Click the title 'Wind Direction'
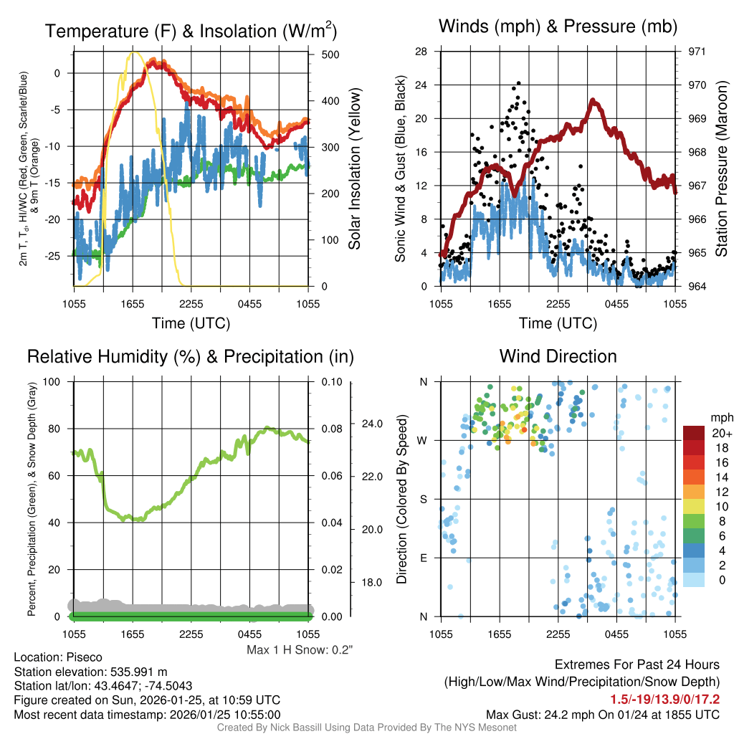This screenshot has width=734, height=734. pos(558,356)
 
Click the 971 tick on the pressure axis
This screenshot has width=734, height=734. pos(697,52)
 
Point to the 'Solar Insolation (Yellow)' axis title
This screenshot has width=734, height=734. pos(354,169)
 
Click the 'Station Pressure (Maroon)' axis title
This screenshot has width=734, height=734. pos(722,169)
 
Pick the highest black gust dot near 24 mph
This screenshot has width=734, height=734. pos(518,83)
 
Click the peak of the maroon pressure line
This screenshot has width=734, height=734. pos(594,101)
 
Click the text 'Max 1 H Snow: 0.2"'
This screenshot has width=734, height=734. pos(300,650)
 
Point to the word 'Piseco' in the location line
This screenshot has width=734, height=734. pos(84,657)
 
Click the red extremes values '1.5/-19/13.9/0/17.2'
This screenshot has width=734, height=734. pos(664,699)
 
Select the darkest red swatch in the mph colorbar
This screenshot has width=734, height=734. pos(694,433)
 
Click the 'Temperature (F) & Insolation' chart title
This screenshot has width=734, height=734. pos(191,32)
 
